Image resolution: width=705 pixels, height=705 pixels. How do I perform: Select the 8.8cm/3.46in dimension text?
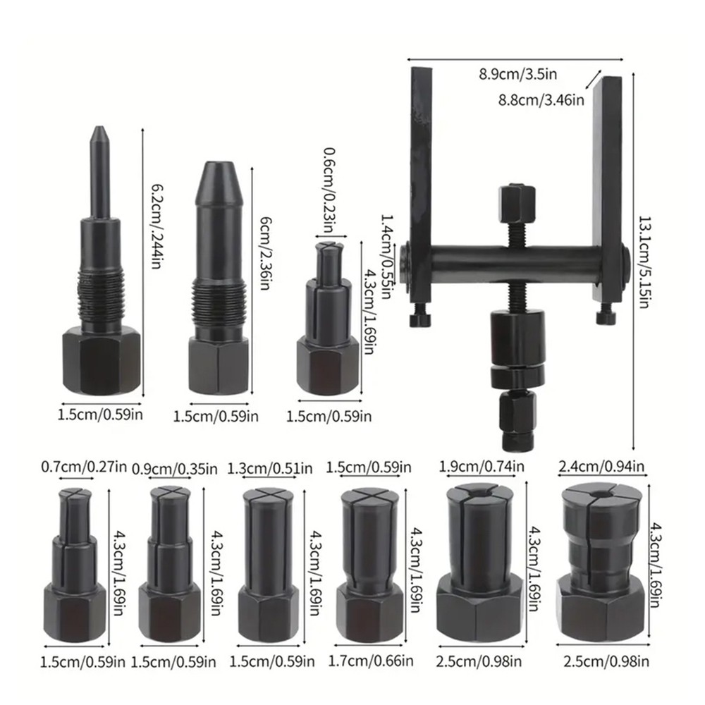coord(551,100)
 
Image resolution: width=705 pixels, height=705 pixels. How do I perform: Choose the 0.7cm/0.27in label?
coord(84,467)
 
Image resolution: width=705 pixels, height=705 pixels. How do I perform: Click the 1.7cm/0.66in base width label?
coord(372,661)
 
